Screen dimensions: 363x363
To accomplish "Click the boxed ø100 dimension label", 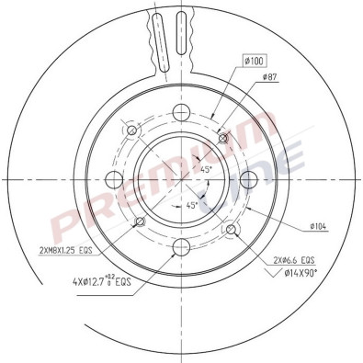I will [x=254, y=61].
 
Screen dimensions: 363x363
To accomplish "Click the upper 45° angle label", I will [x=208, y=169].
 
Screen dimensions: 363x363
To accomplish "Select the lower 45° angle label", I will [x=193, y=205].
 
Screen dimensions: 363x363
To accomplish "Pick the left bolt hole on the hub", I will [x=115, y=178].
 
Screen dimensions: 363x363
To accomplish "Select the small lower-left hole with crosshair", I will [x=139, y=222].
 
